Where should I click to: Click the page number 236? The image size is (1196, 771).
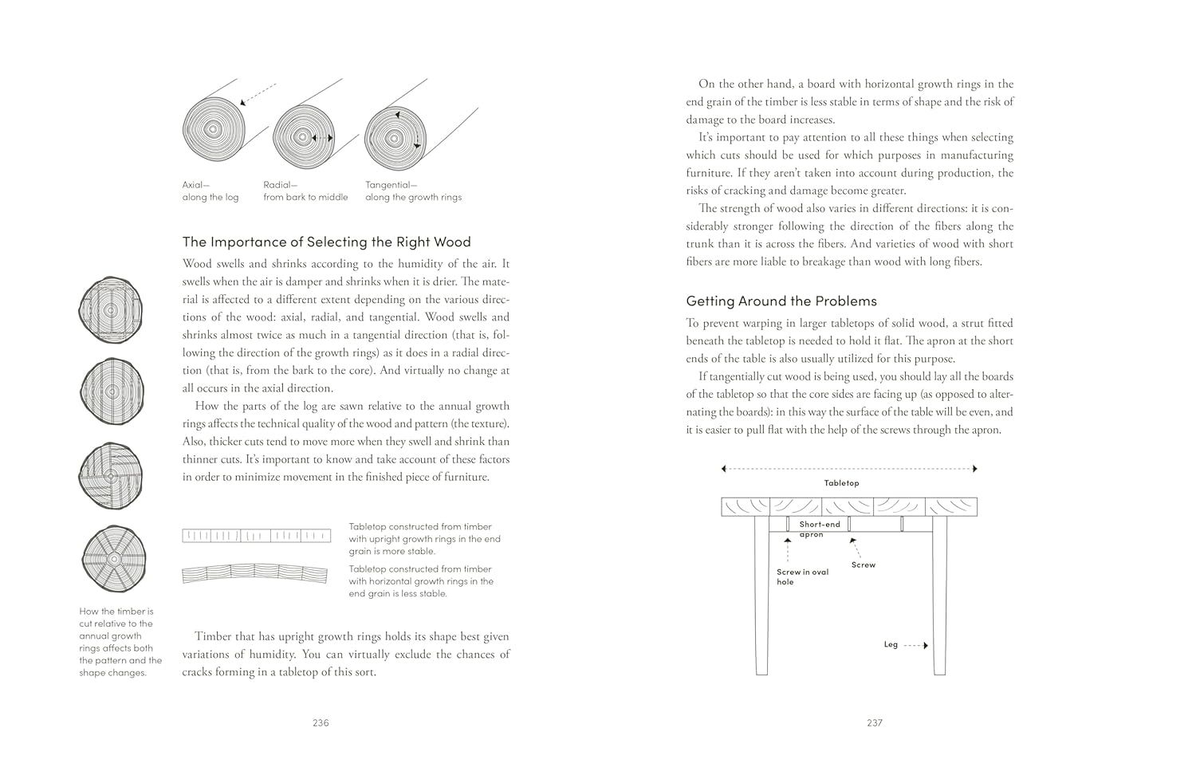point(321,723)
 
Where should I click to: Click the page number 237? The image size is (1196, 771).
point(874,723)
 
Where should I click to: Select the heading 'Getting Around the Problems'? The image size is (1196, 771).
point(781,301)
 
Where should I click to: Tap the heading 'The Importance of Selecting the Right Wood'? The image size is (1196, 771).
point(326,242)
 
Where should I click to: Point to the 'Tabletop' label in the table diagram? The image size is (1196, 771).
point(841,483)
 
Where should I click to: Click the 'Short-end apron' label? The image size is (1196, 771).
point(819,529)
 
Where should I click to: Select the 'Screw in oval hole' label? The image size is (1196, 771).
point(802,576)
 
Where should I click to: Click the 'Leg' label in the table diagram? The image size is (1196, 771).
point(891,644)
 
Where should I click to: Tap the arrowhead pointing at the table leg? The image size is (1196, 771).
point(925,645)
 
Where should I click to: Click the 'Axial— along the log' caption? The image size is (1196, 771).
point(210,191)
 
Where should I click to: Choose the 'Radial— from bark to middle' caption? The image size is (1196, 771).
point(305,191)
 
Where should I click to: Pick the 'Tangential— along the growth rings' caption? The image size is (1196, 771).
point(413,191)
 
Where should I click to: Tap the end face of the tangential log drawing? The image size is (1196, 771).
point(393,137)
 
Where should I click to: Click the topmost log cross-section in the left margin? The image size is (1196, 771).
point(109,309)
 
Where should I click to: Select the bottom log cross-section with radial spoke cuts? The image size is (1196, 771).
point(113,557)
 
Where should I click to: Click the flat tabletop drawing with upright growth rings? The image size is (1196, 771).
point(256,536)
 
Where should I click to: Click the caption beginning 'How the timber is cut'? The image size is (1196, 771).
point(120,642)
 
